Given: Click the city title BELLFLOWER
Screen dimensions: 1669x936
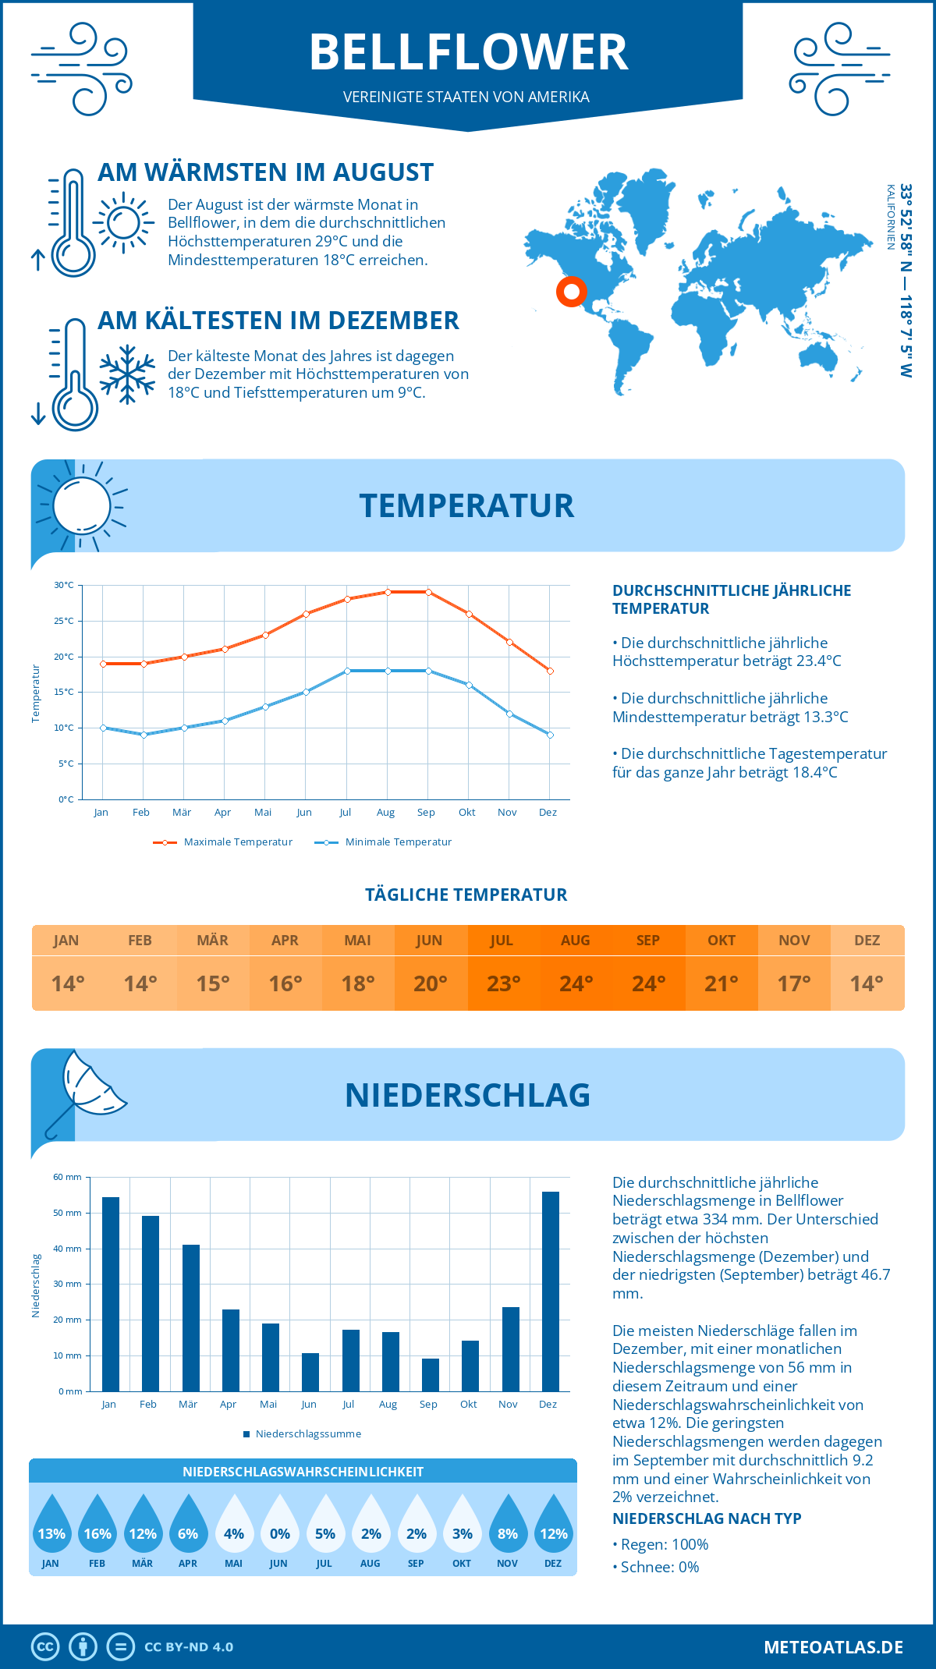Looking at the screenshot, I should pos(468,53).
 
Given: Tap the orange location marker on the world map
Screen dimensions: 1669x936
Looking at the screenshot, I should pos(572,292).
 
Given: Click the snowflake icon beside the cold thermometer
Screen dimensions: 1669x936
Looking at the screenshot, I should pos(127,374).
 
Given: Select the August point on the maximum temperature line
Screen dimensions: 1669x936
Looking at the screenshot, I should pos(388,592).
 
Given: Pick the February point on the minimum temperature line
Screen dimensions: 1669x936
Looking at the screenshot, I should pos(144,735).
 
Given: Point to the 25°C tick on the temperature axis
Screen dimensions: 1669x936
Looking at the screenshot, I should pos(64,621).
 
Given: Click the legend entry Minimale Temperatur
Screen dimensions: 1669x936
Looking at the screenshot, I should pos(398,842).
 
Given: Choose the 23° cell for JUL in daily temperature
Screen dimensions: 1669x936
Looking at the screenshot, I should pos(503,983).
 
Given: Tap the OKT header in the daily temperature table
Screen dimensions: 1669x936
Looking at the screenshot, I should pos(721,941).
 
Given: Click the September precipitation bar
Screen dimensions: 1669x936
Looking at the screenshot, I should pos(430,1374).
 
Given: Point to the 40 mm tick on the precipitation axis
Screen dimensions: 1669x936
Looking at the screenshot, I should pos(68,1249).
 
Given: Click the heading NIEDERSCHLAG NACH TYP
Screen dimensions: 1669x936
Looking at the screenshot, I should pos(707,1518).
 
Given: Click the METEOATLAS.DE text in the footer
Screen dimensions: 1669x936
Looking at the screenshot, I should pos(833,1647).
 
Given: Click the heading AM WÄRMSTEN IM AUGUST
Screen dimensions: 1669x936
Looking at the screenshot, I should pos(265,172).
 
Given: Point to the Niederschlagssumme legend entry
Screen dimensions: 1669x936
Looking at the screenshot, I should pos(307,1433).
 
